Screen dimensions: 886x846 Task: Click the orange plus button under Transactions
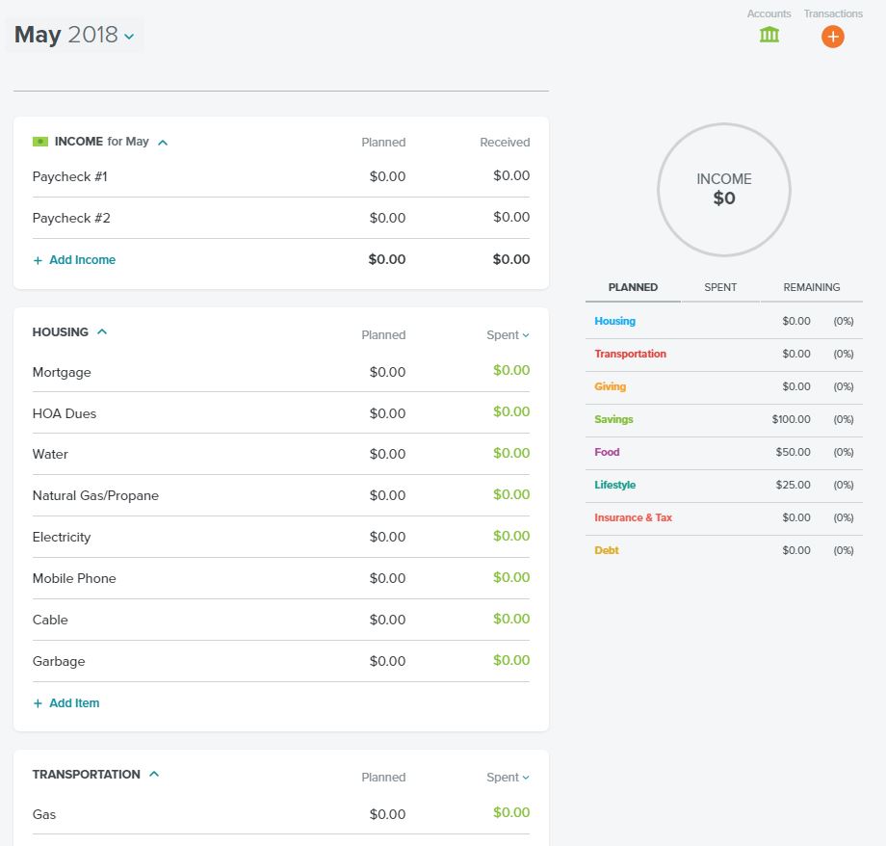point(832,37)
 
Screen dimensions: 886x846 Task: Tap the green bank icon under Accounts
point(769,35)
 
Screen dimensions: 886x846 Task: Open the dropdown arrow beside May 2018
point(129,37)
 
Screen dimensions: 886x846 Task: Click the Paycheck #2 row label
point(71,218)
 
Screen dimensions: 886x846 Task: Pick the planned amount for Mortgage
point(387,372)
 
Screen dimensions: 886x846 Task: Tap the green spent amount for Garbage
point(511,660)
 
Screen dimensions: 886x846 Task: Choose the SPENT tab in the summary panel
point(720,287)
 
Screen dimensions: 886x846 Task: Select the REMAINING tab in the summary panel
point(812,287)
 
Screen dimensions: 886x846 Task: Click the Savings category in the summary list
point(613,419)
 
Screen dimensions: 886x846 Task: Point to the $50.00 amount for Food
point(793,452)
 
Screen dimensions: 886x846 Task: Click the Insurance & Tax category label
point(633,517)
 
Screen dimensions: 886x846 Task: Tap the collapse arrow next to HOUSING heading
point(102,331)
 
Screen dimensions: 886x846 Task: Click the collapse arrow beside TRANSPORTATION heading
point(154,774)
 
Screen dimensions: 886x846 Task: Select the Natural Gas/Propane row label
point(95,495)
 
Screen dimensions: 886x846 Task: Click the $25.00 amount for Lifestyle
point(793,485)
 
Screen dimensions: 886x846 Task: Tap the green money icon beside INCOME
point(40,142)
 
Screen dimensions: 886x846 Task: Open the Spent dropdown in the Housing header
point(508,334)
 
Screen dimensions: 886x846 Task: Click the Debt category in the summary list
point(607,550)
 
